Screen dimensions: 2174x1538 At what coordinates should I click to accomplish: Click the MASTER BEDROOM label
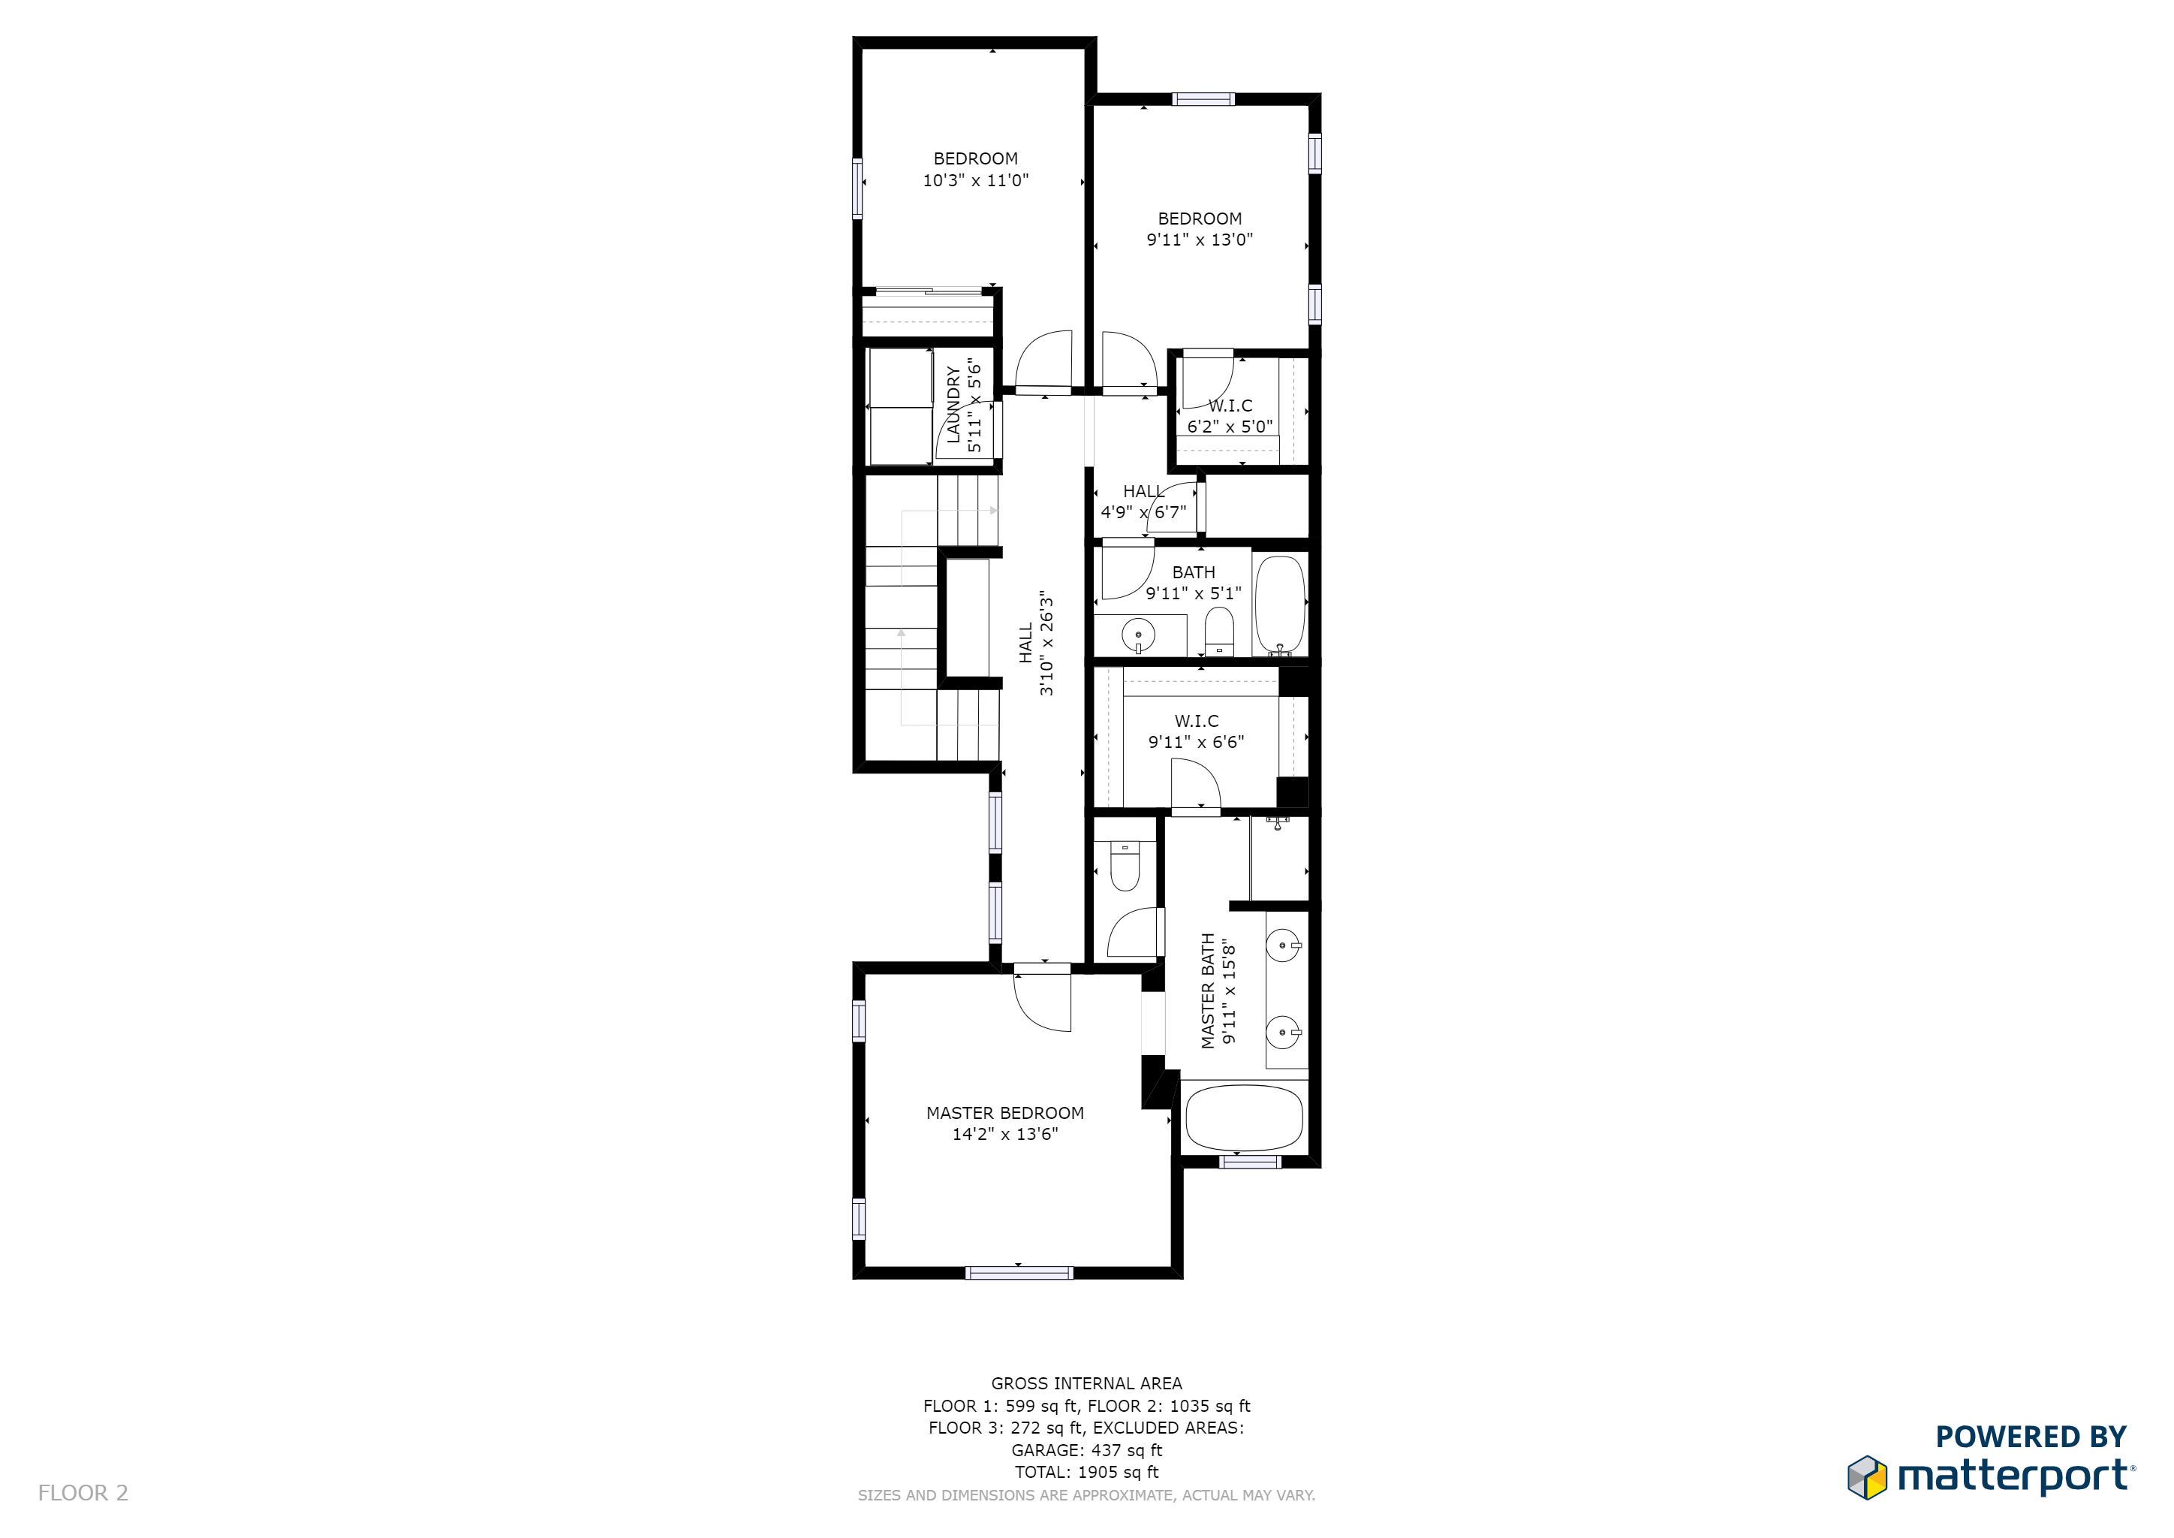click(x=1004, y=1113)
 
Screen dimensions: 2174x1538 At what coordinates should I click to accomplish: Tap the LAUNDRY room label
click(x=953, y=404)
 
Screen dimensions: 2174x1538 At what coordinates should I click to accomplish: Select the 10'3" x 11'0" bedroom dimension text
click(x=975, y=180)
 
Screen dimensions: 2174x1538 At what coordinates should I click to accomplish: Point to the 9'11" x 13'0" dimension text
click(x=1200, y=240)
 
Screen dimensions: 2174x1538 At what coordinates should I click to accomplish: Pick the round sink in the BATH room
click(x=1138, y=635)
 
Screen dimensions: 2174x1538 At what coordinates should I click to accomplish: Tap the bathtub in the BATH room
click(x=1280, y=605)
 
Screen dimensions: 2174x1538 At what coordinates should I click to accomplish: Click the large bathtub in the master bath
click(x=1244, y=1117)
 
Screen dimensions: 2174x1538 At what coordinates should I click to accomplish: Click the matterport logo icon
click(x=1867, y=1477)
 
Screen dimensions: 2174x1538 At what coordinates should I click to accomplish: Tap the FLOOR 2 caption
click(x=83, y=1492)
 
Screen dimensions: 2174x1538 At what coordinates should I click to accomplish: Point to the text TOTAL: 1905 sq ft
click(x=1086, y=1472)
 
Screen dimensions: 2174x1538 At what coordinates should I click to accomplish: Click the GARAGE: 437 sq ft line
click(x=1086, y=1450)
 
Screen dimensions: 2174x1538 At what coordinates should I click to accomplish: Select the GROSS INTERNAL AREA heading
click(x=1086, y=1383)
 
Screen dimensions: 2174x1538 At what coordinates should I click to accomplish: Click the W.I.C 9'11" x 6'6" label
click(x=1196, y=731)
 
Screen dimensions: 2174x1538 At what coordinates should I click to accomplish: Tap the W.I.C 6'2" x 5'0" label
click(x=1230, y=416)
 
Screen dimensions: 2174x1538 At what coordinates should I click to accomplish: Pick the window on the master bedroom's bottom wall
click(x=1019, y=1273)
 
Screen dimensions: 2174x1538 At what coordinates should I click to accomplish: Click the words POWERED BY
click(x=2031, y=1437)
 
